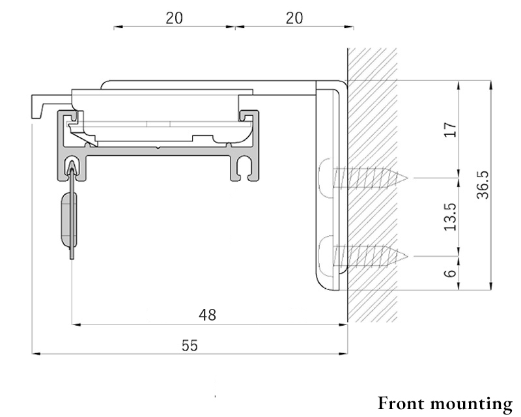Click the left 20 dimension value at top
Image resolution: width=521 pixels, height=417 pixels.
(x=174, y=18)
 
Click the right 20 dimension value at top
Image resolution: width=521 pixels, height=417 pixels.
(x=294, y=18)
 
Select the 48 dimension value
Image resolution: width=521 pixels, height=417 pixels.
(x=207, y=315)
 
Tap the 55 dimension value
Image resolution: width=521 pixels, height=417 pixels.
(x=190, y=345)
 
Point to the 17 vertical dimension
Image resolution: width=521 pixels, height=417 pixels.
(x=451, y=130)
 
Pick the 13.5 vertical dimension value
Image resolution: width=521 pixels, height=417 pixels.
(x=451, y=217)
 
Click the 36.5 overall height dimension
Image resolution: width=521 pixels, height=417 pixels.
(x=483, y=185)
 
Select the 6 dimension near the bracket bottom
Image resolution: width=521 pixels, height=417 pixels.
(x=451, y=274)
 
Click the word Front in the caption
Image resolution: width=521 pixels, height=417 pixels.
(x=401, y=404)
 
